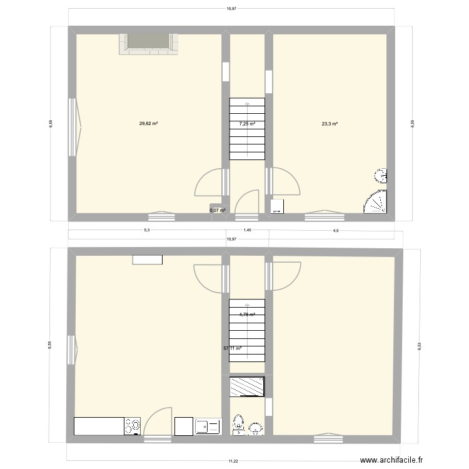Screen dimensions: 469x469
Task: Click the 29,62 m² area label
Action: (148, 124)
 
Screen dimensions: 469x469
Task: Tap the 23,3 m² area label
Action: (330, 124)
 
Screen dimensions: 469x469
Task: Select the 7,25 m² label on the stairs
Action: (247, 124)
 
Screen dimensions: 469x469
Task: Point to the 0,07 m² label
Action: (217, 210)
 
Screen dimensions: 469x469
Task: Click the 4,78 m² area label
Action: (247, 315)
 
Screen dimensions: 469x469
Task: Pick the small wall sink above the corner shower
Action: (381, 175)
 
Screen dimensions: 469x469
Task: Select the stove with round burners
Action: (133, 426)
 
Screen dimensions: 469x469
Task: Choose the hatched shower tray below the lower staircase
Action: (246, 386)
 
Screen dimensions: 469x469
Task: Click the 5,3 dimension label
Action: (146, 230)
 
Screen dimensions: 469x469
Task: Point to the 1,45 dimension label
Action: (248, 230)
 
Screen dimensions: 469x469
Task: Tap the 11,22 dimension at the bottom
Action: (233, 461)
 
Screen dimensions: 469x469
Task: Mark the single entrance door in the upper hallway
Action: (248, 203)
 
